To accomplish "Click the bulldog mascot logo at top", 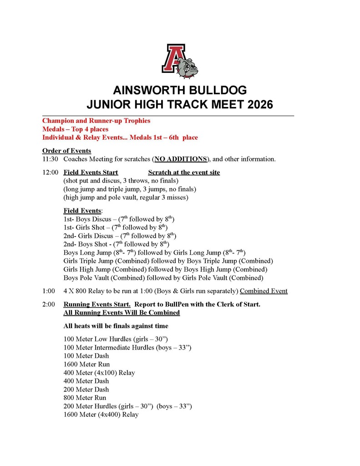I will click(x=180, y=61).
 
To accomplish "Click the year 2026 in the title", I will click(x=258, y=104).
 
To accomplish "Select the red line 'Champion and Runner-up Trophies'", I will click(x=96, y=121).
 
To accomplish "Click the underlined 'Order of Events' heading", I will click(x=66, y=151).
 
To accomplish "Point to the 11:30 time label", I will click(x=50, y=159).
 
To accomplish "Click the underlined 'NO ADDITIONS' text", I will click(x=181, y=159).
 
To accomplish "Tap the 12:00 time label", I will click(x=50, y=172).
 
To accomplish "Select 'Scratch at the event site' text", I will click(x=184, y=172).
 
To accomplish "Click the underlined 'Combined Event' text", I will click(x=264, y=291).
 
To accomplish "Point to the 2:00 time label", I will click(x=49, y=304).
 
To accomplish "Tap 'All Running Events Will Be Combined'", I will click(x=122, y=313).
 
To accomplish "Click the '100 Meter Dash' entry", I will click(x=86, y=356).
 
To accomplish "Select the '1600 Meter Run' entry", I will click(x=86, y=364).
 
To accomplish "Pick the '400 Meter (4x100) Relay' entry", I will click(x=99, y=373).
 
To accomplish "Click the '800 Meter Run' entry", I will click(x=85, y=398).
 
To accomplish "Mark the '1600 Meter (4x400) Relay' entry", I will click(x=101, y=415).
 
